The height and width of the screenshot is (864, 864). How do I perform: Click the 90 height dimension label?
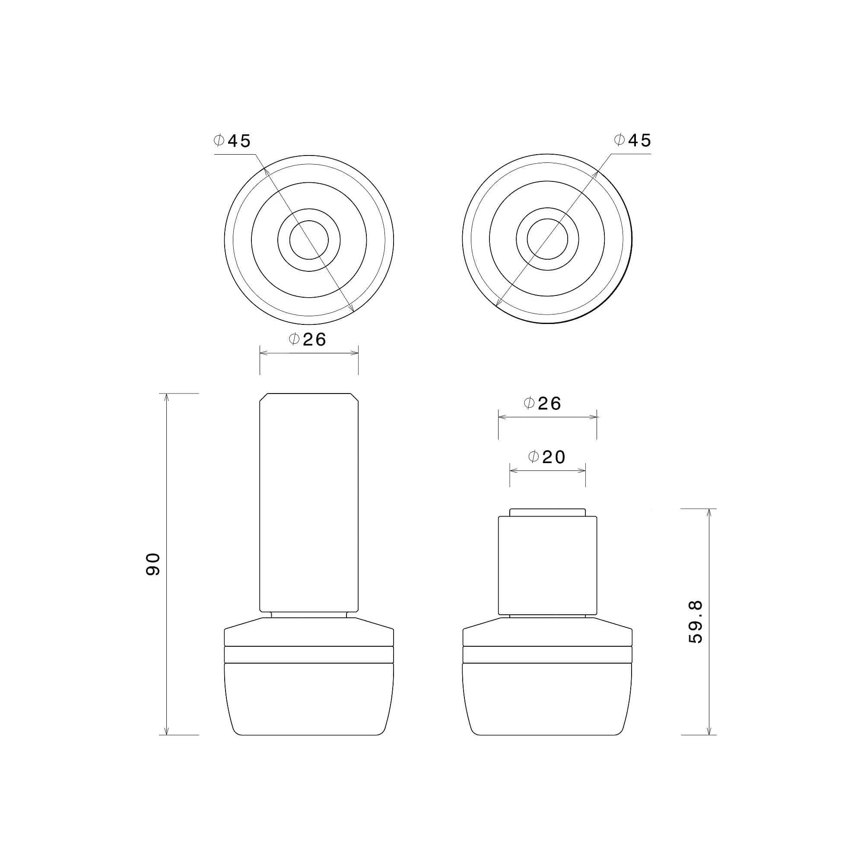[x=153, y=564]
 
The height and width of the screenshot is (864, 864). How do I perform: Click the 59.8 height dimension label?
[x=696, y=622]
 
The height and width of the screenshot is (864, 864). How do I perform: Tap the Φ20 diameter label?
[x=546, y=457]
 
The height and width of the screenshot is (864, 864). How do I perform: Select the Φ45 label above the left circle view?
[x=232, y=141]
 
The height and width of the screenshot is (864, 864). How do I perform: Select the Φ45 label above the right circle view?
[x=633, y=140]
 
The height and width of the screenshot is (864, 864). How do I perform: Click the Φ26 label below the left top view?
[x=308, y=340]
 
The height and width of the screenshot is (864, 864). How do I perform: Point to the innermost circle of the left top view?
[x=309, y=240]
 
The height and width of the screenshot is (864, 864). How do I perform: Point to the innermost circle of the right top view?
[x=547, y=239]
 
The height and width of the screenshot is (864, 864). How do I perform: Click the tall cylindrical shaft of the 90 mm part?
[x=309, y=501]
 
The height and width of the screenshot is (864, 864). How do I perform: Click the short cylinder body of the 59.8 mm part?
[x=547, y=566]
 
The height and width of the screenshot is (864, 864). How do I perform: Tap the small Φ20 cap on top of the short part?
[x=547, y=512]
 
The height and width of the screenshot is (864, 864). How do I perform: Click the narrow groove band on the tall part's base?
[x=309, y=655]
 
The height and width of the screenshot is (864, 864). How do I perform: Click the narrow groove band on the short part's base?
[x=547, y=655]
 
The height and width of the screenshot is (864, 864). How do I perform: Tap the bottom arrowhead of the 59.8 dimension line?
[x=709, y=732]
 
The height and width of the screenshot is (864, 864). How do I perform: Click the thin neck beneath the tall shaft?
[x=309, y=615]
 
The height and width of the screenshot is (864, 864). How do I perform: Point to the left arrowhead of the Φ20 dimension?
[x=512, y=470]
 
